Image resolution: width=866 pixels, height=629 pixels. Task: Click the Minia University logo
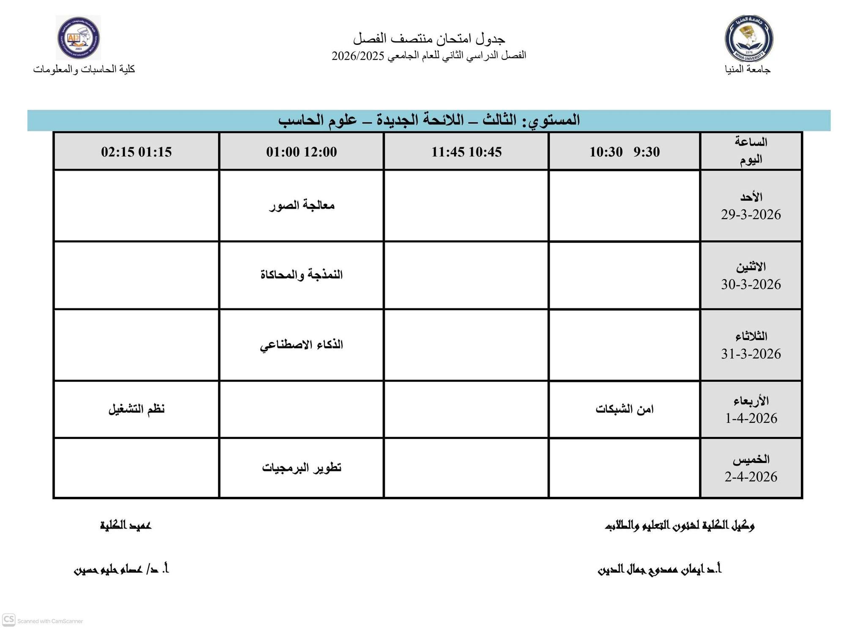[x=749, y=38]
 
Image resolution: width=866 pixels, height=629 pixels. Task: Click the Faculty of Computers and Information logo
[x=79, y=38]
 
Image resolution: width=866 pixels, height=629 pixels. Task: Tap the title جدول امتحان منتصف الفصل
[x=429, y=39]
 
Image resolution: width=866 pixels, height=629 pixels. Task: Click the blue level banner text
[x=429, y=120]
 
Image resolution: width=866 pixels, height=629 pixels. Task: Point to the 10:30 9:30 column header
[x=624, y=152]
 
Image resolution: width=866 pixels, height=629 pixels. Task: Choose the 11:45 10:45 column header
[x=466, y=152]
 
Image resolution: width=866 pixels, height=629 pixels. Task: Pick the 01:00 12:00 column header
[x=301, y=152]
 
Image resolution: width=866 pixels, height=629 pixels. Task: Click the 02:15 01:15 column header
[x=136, y=152]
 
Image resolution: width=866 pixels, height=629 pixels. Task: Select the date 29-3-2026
[x=751, y=215]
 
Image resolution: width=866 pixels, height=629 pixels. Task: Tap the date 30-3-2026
[x=751, y=284]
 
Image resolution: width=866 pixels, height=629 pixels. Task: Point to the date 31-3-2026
[x=751, y=354]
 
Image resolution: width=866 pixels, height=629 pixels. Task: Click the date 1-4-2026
[x=751, y=418]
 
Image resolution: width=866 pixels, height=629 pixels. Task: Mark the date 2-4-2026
[x=751, y=477]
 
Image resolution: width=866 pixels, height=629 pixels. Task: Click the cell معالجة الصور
[x=301, y=205]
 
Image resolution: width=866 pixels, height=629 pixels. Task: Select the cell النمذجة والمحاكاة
[x=301, y=275]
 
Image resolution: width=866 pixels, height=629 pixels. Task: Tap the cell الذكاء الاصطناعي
[x=301, y=345]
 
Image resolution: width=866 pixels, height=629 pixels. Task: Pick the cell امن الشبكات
[x=624, y=409]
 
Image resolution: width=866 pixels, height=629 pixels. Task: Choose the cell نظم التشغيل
[x=136, y=409]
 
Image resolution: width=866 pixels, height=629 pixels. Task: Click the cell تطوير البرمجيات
[x=301, y=468]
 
